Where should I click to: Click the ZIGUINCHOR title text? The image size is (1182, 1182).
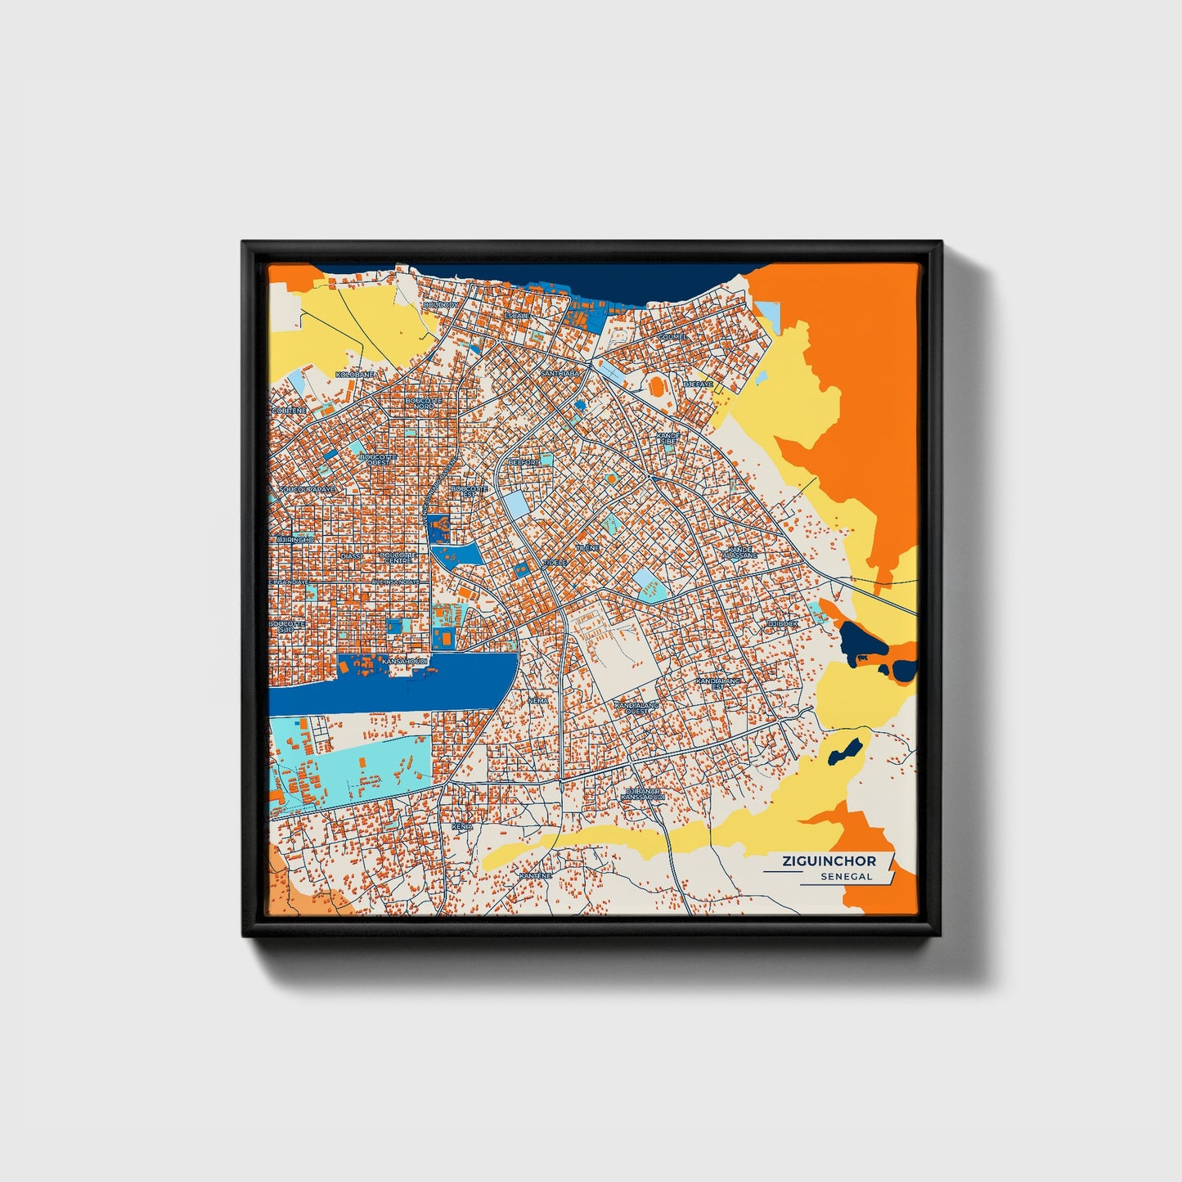click(x=829, y=861)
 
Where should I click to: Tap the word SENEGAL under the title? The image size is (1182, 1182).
click(x=847, y=877)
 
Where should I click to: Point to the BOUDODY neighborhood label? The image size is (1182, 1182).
click(x=441, y=305)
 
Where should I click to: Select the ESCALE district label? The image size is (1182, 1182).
click(x=517, y=315)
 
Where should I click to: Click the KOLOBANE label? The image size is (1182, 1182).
click(x=355, y=374)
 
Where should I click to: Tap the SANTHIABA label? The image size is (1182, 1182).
click(x=560, y=373)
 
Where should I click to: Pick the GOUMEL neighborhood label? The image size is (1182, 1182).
click(x=672, y=336)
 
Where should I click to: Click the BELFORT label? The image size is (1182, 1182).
click(x=524, y=462)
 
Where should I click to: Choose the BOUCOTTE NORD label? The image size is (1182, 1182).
click(x=424, y=403)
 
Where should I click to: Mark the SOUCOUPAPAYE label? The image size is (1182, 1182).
click(x=307, y=490)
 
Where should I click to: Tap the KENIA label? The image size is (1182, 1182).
click(x=462, y=827)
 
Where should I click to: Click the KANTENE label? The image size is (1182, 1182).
click(x=535, y=876)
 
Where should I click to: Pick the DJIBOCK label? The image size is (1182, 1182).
click(x=781, y=623)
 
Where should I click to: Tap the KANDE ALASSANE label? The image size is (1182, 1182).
click(x=739, y=552)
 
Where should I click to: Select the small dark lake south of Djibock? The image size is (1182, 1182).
click(x=845, y=752)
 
